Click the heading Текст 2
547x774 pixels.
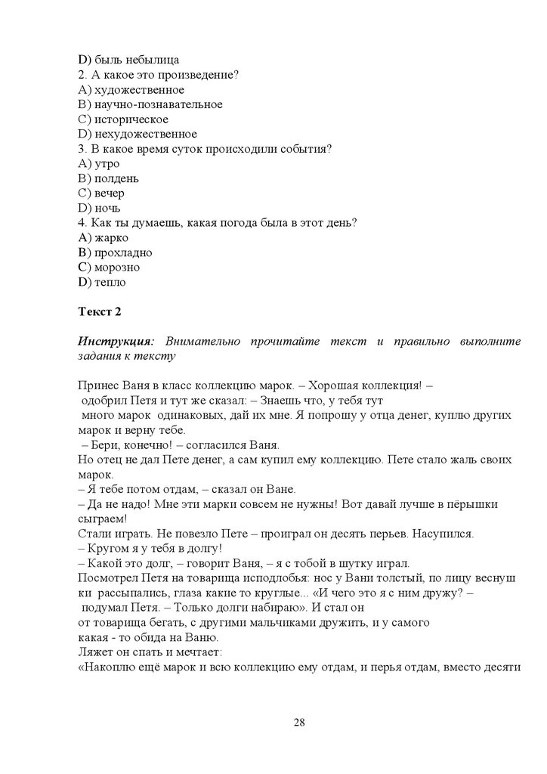[x=100, y=311]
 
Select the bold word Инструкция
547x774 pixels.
[x=114, y=341]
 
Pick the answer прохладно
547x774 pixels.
[x=123, y=252]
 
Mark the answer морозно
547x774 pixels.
[x=117, y=267]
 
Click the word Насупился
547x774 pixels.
[x=446, y=533]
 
